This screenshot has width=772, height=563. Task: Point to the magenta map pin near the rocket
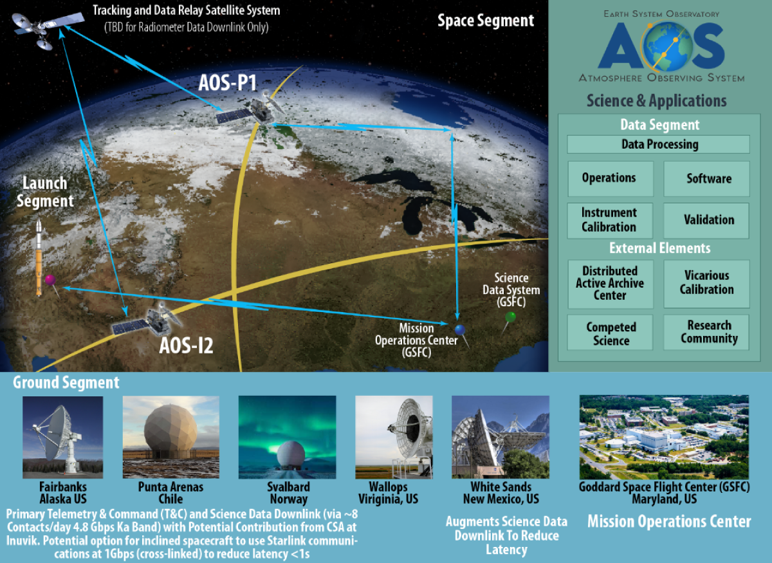(50, 280)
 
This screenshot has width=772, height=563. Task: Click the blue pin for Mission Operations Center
(459, 329)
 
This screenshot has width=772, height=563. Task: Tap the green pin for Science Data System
(510, 317)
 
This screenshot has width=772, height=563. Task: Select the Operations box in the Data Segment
(609, 178)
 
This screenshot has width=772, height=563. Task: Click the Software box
(706, 178)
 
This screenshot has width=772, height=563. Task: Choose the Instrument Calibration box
(609, 220)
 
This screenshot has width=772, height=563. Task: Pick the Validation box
(706, 220)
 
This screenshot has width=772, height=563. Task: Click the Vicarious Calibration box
(706, 283)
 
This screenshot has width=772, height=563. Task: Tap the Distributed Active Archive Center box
(609, 283)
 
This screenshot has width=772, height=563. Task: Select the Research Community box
(706, 332)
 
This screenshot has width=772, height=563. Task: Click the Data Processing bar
(658, 144)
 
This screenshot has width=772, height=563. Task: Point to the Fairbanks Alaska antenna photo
(62, 436)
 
